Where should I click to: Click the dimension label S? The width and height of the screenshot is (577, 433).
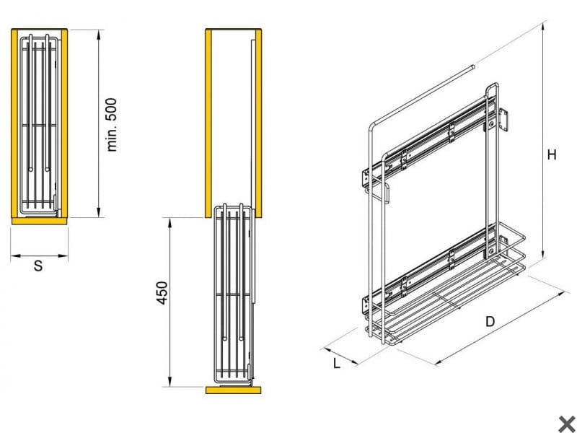click(39, 266)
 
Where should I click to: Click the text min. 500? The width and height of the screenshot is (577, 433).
click(112, 124)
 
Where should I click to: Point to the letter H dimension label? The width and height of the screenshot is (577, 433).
click(552, 154)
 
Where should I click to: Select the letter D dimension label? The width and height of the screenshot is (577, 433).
click(490, 322)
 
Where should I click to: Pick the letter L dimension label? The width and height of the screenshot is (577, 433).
click(337, 363)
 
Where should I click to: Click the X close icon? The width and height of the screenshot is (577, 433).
click(566, 423)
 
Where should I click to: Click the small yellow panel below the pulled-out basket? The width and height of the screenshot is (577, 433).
click(234, 390)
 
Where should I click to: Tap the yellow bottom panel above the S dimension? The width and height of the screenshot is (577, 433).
click(39, 220)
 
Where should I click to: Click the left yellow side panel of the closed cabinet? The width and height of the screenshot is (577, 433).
click(14, 123)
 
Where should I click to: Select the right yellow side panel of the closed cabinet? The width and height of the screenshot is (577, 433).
click(64, 123)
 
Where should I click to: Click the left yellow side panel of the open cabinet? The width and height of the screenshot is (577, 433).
click(209, 123)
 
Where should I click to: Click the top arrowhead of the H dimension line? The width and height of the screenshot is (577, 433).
click(542, 26)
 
